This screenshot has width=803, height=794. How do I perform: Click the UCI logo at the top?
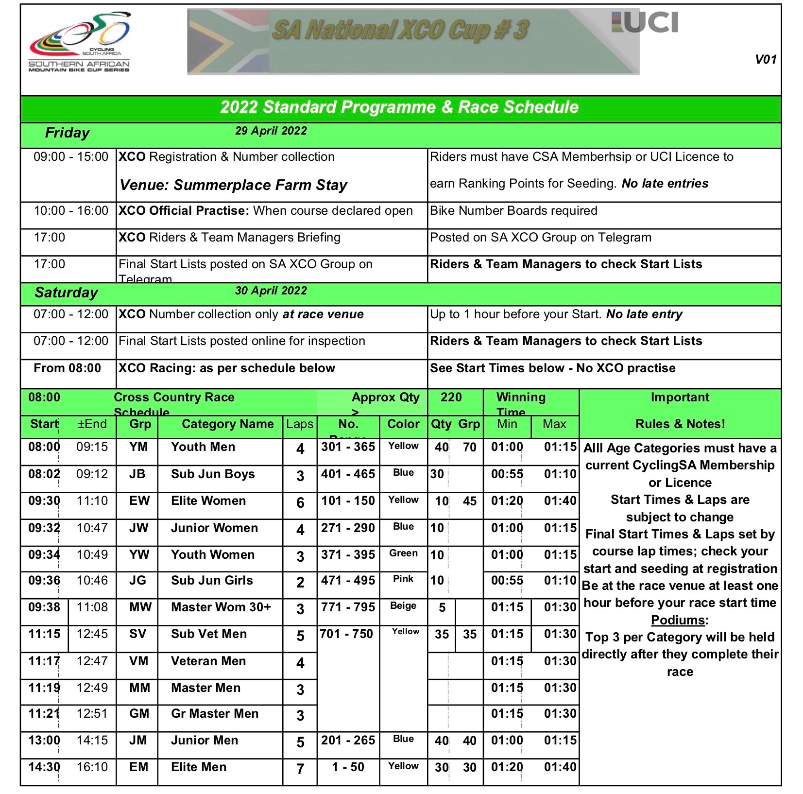click(645, 23)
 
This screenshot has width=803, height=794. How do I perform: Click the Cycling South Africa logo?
click(80, 43)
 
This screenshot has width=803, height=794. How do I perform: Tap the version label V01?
click(766, 60)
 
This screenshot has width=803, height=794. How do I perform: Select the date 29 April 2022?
click(271, 131)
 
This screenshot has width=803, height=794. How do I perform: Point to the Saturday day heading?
click(67, 293)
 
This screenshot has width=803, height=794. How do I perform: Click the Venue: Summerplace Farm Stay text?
click(233, 185)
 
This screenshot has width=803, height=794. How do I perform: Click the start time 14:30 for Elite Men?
click(44, 767)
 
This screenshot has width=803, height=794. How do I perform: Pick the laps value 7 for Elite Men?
click(300, 769)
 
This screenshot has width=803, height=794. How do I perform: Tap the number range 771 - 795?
click(348, 607)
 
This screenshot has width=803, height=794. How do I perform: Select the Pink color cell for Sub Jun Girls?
click(403, 579)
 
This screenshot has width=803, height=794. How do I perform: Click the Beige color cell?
click(403, 606)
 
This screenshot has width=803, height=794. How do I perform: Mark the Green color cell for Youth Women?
click(403, 553)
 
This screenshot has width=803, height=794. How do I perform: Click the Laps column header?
click(300, 424)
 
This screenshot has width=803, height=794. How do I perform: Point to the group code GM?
click(139, 714)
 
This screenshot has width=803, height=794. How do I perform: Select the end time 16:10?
click(92, 767)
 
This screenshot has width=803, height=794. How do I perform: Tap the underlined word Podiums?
click(679, 621)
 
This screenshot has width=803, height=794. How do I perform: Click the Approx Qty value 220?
click(451, 397)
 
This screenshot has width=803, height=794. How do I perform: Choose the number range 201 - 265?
click(348, 741)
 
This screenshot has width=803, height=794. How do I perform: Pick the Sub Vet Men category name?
click(209, 634)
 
